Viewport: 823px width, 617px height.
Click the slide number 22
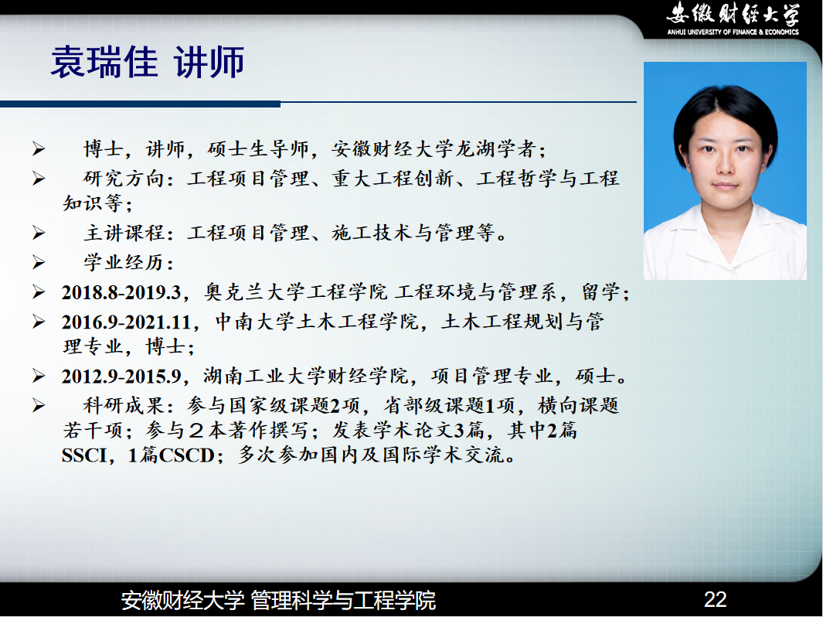(715, 599)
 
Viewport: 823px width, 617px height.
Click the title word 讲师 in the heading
(209, 62)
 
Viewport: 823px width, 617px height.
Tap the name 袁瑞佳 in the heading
(104, 62)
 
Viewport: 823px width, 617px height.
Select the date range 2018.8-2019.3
(121, 292)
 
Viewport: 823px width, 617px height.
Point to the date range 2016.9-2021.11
(127, 322)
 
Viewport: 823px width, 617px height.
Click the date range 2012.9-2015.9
(121, 376)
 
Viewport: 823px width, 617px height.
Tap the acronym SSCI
(84, 455)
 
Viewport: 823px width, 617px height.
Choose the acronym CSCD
(186, 455)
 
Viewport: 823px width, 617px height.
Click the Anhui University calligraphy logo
(733, 14)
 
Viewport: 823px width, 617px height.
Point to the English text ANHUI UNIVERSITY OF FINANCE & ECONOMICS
(733, 32)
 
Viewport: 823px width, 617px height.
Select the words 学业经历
(124, 262)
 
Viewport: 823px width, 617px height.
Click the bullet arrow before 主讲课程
(39, 233)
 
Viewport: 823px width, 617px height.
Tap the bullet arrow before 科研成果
(39, 405)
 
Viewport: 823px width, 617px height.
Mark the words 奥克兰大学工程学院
(296, 292)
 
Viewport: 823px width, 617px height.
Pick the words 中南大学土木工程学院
(317, 322)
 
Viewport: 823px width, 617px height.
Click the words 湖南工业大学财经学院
(305, 376)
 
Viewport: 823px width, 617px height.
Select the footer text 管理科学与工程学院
(343, 600)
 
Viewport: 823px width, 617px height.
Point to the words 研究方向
(124, 179)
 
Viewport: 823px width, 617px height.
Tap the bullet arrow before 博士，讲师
(39, 149)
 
